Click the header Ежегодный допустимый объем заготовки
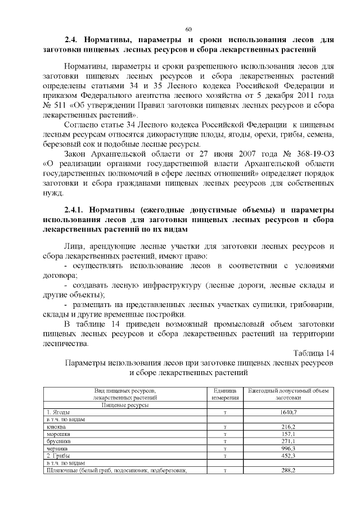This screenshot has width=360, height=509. [288, 394]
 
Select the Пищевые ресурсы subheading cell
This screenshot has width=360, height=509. [125, 404]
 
